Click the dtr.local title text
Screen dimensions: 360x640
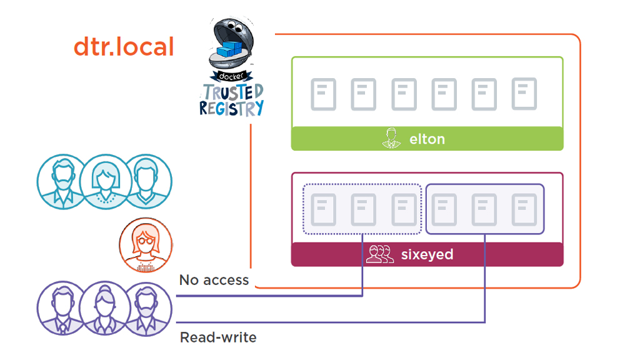(x=124, y=47)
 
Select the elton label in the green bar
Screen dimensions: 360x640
(x=427, y=139)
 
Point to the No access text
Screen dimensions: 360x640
(x=214, y=280)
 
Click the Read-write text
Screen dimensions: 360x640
(x=218, y=337)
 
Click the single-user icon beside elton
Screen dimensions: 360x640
(x=391, y=138)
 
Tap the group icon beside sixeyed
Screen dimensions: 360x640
(x=379, y=254)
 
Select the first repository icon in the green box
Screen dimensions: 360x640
(x=323, y=95)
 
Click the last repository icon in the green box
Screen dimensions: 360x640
(x=524, y=94)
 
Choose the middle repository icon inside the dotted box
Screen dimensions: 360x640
(x=363, y=209)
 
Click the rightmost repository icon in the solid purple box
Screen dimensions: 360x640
(x=524, y=209)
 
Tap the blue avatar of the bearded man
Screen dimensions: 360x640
(x=61, y=181)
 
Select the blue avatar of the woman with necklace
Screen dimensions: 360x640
(x=104, y=181)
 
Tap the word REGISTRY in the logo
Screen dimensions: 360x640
(x=231, y=108)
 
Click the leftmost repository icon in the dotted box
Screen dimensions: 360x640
(x=323, y=209)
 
